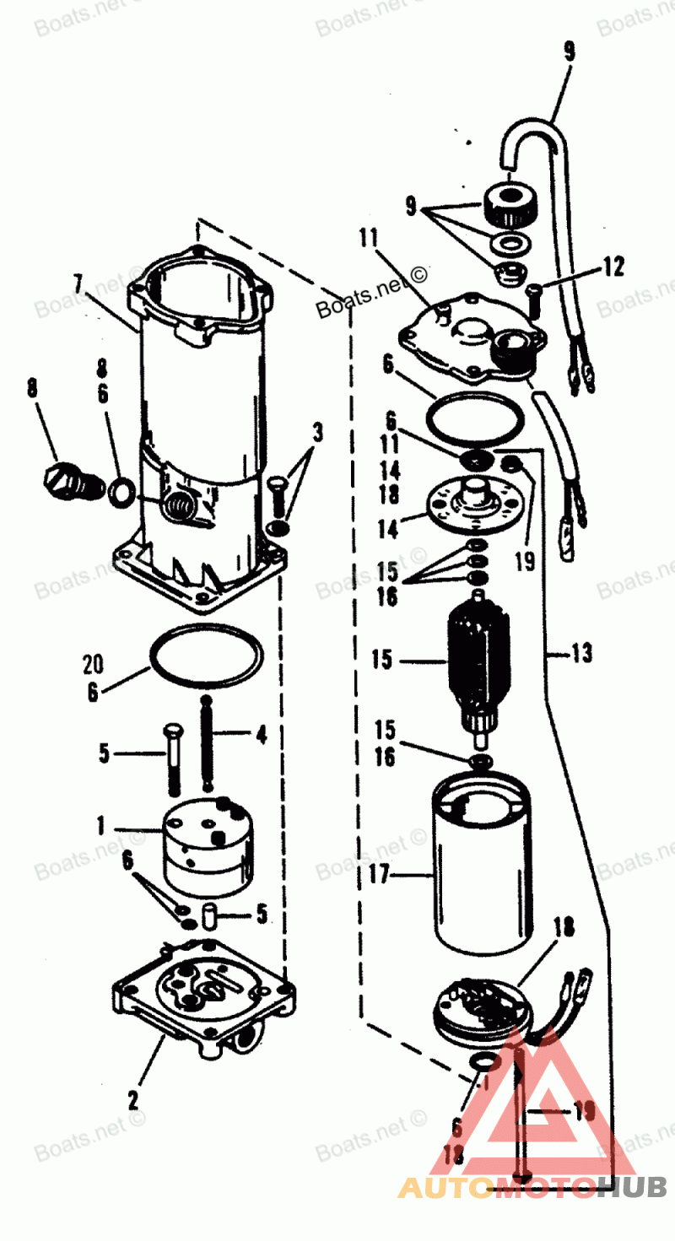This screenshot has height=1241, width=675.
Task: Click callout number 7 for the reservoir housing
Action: [78, 283]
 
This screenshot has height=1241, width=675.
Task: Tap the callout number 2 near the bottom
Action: [132, 1100]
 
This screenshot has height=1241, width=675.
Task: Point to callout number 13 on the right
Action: [581, 652]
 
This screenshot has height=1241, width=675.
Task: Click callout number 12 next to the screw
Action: [613, 267]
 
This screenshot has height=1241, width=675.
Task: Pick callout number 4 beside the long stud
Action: [261, 735]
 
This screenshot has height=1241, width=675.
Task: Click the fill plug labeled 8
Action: [62, 478]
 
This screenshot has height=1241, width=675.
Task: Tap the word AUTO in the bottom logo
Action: [444, 1188]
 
